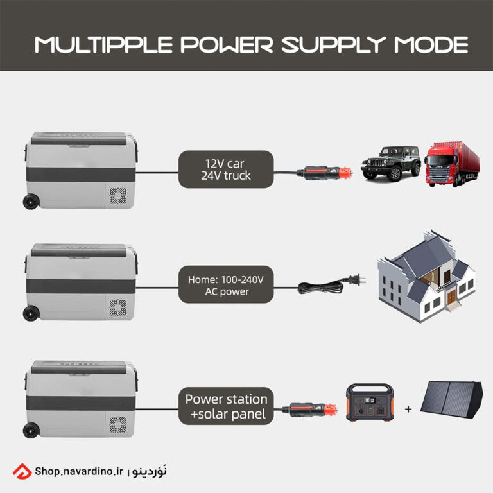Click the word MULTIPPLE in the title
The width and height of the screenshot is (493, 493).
pos(104,45)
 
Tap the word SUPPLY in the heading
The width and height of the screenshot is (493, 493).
pos(334,45)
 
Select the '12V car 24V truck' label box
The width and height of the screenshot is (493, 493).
pos(226,169)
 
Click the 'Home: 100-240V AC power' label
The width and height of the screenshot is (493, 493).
pos(226,284)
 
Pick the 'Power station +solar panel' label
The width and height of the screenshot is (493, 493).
pos(226,406)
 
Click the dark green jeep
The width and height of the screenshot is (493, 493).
pos(391,164)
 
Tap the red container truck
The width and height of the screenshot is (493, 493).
pos(453,164)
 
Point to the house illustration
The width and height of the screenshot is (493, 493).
pos(427,277)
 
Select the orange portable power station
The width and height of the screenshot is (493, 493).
pos(370,402)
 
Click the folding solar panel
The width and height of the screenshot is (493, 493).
pos(451,400)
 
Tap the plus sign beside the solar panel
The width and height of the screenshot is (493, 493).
pos(408,409)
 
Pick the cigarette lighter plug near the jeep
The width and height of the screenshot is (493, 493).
pos(324,173)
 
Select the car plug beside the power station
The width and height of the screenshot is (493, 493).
pos(309,410)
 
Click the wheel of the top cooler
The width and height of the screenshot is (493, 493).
pos(31,202)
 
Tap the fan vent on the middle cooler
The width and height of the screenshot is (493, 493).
pos(118,307)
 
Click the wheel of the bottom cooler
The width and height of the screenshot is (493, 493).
pos(31,430)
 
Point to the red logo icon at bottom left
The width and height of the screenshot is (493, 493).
pos(22,471)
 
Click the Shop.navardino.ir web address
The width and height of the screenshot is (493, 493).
pos(79,471)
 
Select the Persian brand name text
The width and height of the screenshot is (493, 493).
pos(150,471)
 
